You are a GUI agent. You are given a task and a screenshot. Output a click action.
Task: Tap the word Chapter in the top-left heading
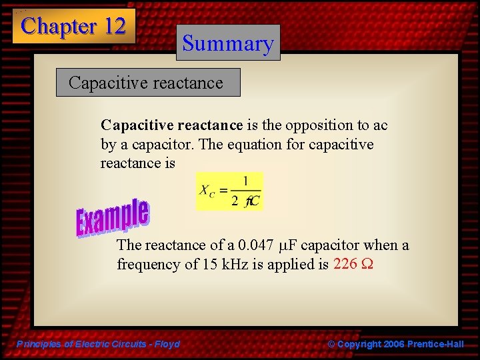[x=59, y=26]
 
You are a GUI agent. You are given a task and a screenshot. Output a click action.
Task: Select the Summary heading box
[x=228, y=43]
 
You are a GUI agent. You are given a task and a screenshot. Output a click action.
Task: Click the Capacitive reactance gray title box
[x=147, y=83]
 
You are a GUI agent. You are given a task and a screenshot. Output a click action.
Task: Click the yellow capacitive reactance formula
[x=229, y=191]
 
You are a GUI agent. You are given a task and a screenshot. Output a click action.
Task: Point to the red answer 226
[x=345, y=264]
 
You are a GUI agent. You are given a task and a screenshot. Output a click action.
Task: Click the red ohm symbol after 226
[x=367, y=265]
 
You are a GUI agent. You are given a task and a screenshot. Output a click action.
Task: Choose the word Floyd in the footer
[x=167, y=344]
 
